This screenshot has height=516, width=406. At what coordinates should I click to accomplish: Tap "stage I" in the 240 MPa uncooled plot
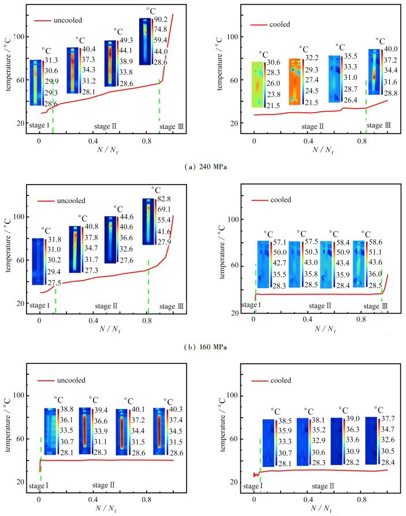click(x=39, y=124)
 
